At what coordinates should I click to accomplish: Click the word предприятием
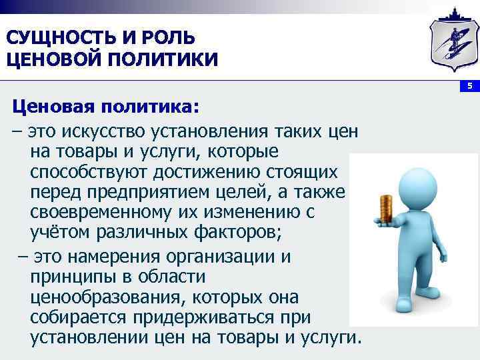point(147,193)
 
